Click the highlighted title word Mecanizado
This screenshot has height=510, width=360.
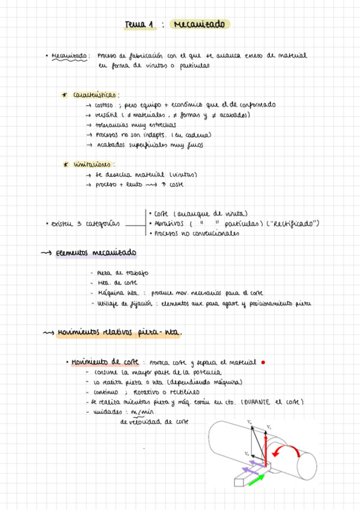(198, 25)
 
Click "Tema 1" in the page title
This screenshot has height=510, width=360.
(139, 25)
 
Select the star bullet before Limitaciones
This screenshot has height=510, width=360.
(64, 164)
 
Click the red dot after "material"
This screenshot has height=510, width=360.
(263, 363)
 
